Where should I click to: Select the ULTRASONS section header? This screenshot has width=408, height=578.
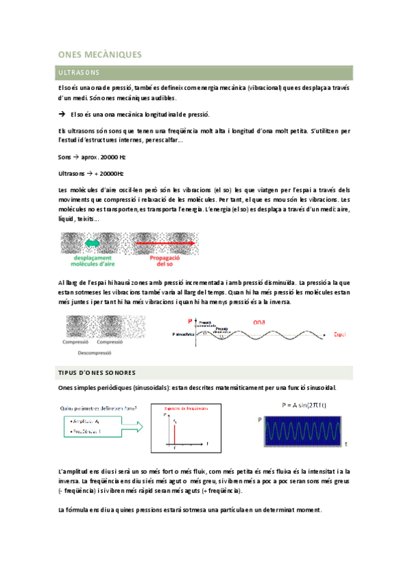80,72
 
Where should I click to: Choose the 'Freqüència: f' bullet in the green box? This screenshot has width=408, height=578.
87,432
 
